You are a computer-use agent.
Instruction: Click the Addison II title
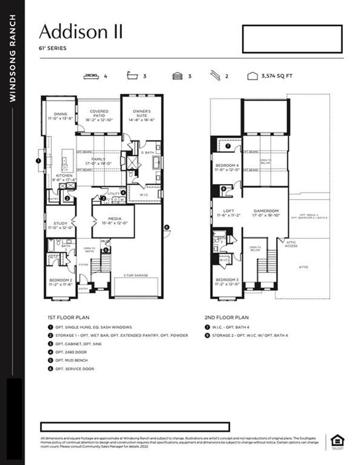(x=81, y=32)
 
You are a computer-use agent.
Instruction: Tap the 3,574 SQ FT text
(x=277, y=76)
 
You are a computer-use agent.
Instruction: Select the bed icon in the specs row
(x=91, y=76)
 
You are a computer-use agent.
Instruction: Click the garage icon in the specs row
(x=178, y=76)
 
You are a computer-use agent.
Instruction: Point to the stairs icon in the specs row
(x=215, y=76)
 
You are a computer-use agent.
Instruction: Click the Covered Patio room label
(x=99, y=115)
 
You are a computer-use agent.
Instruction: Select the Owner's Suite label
(x=142, y=115)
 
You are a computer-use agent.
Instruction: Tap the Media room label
(x=115, y=221)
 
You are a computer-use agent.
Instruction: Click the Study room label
(x=60, y=225)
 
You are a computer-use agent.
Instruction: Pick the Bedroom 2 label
(x=60, y=282)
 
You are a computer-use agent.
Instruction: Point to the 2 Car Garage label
(x=136, y=275)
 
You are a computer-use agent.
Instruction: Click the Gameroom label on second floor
(x=266, y=213)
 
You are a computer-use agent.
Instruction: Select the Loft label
(x=229, y=213)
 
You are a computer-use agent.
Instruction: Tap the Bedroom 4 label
(x=227, y=167)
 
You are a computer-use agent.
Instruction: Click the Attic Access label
(x=291, y=244)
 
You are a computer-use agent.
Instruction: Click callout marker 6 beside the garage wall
(x=167, y=227)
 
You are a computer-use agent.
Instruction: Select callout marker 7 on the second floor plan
(x=228, y=146)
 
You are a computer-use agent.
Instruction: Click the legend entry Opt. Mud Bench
(x=71, y=360)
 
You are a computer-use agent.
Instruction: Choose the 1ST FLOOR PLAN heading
(x=68, y=317)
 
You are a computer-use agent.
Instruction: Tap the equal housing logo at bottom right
(x=337, y=441)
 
